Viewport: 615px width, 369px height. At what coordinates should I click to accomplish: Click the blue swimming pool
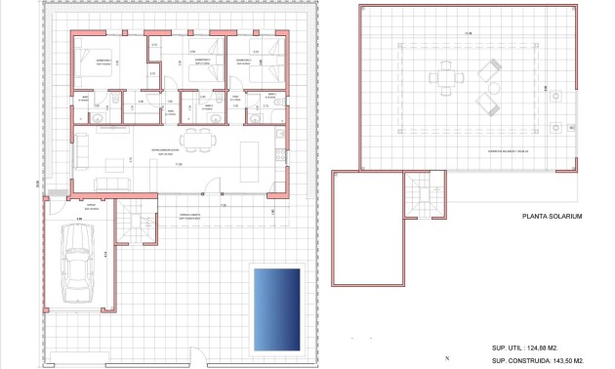276,307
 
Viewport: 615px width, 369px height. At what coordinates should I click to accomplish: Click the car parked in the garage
74,265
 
